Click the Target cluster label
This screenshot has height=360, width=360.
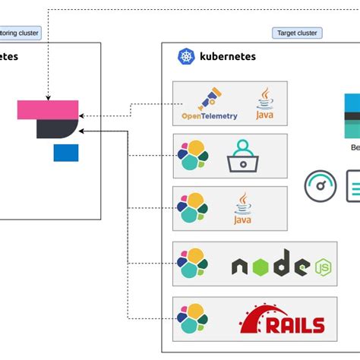pyautogui.click(x=296, y=33)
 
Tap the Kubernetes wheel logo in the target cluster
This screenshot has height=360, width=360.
pyautogui.click(x=186, y=56)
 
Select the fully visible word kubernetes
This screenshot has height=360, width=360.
pyautogui.click(x=227, y=56)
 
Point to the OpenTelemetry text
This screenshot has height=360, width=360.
pyautogui.click(x=209, y=116)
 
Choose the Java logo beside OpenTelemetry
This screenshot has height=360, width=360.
pyautogui.click(x=264, y=103)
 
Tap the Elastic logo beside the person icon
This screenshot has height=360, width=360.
pyautogui.click(x=193, y=155)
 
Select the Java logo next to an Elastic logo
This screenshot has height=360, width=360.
pyautogui.click(x=242, y=208)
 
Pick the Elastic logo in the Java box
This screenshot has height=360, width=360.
pyautogui.click(x=193, y=207)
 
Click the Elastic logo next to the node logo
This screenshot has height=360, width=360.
pyautogui.click(x=193, y=263)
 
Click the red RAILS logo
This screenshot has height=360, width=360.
pyautogui.click(x=283, y=320)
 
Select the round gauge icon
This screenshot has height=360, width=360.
pyautogui.click(x=321, y=185)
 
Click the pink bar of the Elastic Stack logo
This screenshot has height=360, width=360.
pyautogui.click(x=47, y=109)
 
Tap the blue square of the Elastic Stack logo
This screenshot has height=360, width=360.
pyautogui.click(x=65, y=153)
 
